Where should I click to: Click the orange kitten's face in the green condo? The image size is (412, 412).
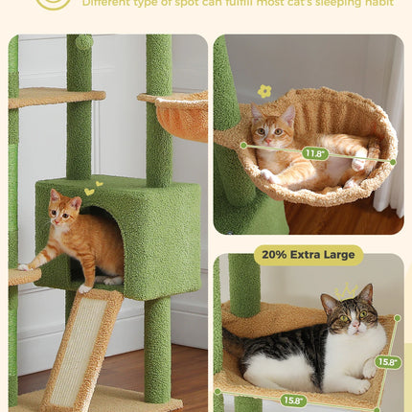point(65,212)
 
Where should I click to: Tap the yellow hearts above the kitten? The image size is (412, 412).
point(92,188)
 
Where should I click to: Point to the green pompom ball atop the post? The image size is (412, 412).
point(84,42)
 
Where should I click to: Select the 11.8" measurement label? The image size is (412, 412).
point(314,153)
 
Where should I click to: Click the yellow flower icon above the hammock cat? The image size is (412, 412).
point(264,91)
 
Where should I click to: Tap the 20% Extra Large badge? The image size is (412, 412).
point(309,255)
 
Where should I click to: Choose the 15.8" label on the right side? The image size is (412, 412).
point(386,362)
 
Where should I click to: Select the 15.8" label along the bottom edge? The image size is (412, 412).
point(293,401)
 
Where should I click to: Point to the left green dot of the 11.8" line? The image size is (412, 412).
point(243,146)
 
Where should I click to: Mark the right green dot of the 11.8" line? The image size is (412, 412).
point(392,162)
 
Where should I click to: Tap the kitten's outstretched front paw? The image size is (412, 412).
point(25,265)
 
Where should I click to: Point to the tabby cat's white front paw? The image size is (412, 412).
point(368,369)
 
